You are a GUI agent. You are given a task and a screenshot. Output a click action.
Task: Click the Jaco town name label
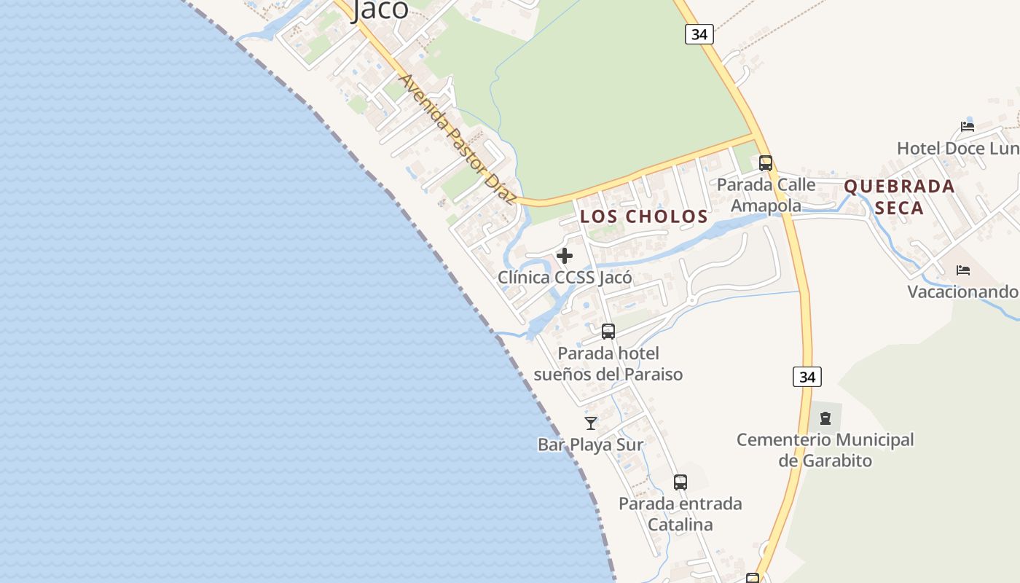click(x=380, y=9)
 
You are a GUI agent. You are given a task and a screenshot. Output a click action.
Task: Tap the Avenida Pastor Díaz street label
click(x=458, y=139)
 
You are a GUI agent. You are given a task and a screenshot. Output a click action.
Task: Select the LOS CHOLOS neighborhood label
click(x=644, y=216)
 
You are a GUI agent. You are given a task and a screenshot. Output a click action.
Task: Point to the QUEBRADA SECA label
click(x=899, y=197)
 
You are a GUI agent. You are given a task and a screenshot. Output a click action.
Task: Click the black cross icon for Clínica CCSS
click(x=565, y=256)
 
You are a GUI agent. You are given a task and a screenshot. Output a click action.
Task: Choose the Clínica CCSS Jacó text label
click(x=565, y=278)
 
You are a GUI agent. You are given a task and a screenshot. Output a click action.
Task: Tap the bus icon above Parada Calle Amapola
click(x=765, y=163)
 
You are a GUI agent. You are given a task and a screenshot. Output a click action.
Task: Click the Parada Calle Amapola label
click(x=766, y=195)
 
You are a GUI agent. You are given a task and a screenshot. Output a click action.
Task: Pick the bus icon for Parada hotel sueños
click(x=608, y=332)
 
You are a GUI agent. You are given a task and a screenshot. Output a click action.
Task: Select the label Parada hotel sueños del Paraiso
click(x=608, y=364)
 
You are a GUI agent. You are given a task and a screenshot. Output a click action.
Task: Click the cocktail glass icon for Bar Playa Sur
click(x=591, y=423)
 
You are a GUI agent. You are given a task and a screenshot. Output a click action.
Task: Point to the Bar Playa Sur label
click(x=591, y=445)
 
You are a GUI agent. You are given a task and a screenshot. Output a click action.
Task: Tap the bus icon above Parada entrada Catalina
click(x=680, y=482)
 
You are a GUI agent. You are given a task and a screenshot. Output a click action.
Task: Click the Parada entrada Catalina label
click(x=680, y=514)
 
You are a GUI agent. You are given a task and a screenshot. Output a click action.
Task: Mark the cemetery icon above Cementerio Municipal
click(x=825, y=418)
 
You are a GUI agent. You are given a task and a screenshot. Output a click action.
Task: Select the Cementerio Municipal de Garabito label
click(x=825, y=450)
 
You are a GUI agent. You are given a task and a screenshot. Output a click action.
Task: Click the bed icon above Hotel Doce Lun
click(x=968, y=126)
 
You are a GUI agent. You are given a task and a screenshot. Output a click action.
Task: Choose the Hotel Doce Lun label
click(x=957, y=149)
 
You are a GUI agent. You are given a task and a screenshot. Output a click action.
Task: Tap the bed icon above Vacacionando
click(x=963, y=270)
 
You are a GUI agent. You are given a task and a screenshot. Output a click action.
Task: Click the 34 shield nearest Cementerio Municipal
click(x=807, y=377)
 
